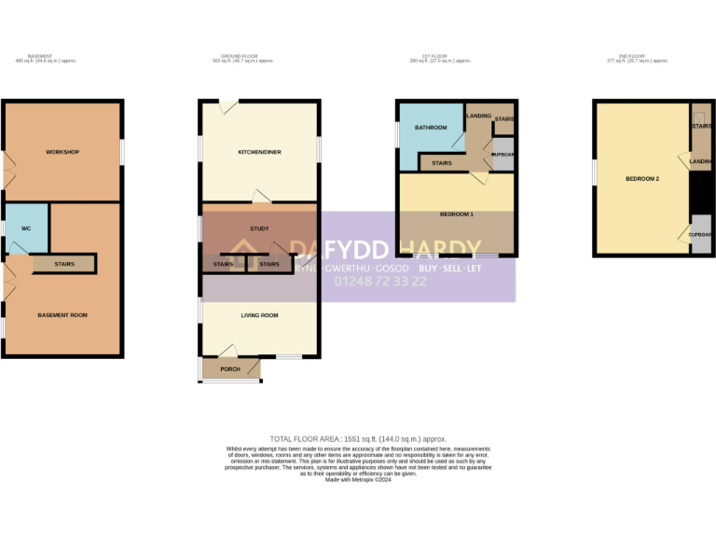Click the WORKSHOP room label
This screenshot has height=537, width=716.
pyautogui.click(x=62, y=152)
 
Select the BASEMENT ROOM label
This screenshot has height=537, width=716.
pyautogui.click(x=62, y=315)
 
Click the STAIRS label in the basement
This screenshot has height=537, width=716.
pyautogui.click(x=64, y=264)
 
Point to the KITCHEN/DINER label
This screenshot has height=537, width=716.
pyautogui.click(x=260, y=152)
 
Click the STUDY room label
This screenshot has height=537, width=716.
pyautogui.click(x=259, y=228)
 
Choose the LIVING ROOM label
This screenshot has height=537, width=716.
pyautogui.click(x=260, y=315)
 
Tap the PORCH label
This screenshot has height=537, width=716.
pyautogui.click(x=229, y=369)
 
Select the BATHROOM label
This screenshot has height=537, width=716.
pyautogui.click(x=431, y=128)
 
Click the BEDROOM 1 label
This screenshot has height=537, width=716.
pyautogui.click(x=457, y=214)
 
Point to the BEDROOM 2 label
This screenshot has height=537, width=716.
pyautogui.click(x=643, y=178)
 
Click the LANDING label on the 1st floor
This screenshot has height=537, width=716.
pyautogui.click(x=478, y=116)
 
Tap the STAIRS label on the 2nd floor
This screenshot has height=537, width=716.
pyautogui.click(x=701, y=126)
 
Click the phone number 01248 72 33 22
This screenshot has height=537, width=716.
pyautogui.click(x=380, y=281)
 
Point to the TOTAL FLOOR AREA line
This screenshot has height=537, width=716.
pyautogui.click(x=358, y=438)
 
